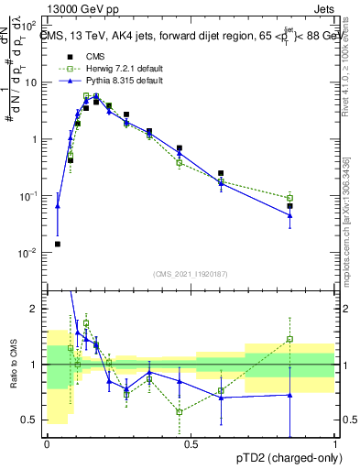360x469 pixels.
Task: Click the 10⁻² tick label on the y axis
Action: coord(31,253)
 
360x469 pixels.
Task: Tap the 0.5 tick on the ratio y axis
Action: coord(33,420)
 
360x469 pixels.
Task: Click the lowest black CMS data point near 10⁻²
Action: coord(58,245)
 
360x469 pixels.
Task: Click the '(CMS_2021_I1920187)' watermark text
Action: coord(190,273)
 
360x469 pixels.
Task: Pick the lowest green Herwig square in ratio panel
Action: coord(180,412)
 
